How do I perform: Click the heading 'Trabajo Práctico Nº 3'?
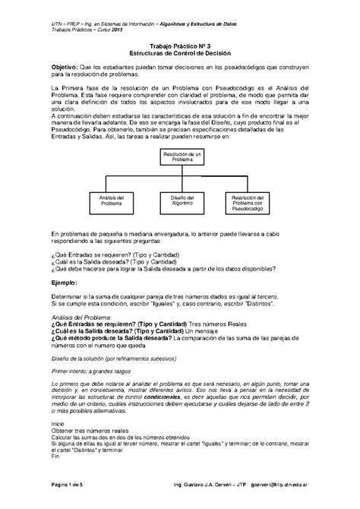pyautogui.click(x=180, y=46)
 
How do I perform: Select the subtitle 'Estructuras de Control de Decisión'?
pyautogui.click(x=180, y=55)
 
